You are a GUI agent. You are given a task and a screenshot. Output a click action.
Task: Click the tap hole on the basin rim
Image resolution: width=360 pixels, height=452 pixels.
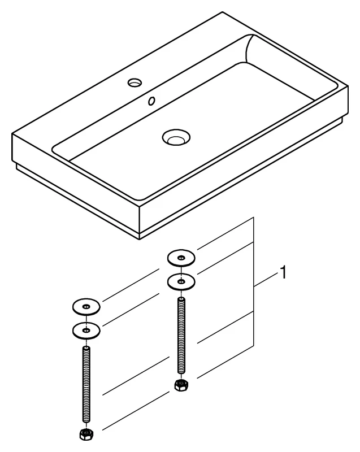(x=135, y=82)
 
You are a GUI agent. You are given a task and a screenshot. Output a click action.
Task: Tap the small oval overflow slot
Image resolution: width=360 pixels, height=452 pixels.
(x=151, y=102)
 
